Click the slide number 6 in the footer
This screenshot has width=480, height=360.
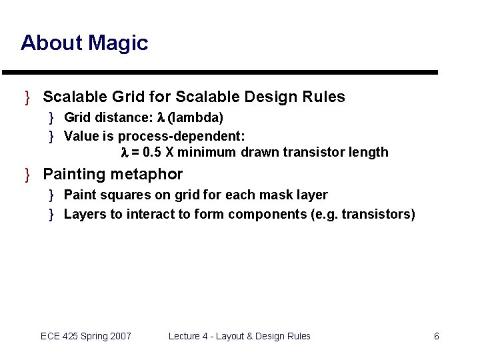[436, 336]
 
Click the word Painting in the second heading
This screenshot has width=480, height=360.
[74, 175]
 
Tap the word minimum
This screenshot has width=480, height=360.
[207, 152]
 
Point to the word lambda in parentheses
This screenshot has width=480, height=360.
[195, 118]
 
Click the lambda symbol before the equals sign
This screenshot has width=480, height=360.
[124, 152]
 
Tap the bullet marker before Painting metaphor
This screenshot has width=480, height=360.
[28, 175]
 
